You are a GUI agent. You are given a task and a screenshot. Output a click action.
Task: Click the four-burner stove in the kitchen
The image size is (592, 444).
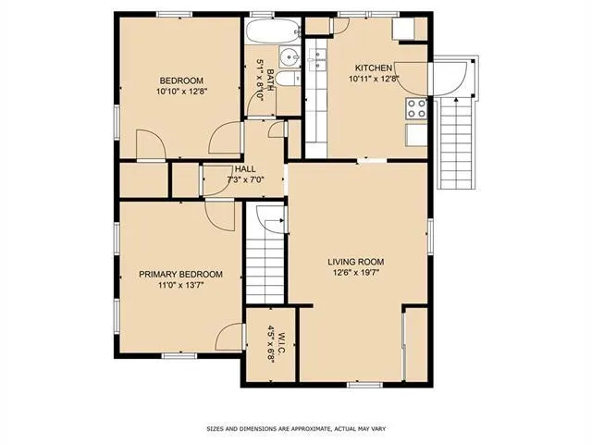415,107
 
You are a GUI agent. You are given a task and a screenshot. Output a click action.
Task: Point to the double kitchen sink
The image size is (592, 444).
318,62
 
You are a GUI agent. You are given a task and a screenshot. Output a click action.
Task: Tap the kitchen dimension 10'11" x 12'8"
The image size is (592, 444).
375,80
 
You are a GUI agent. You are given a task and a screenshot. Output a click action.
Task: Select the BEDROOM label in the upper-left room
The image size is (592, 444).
180,80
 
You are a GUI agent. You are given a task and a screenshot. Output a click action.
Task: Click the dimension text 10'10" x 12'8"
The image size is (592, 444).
180,91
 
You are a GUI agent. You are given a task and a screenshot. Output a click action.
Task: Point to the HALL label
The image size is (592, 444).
245,169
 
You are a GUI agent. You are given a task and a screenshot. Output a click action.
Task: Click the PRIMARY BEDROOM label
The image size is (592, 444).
180,275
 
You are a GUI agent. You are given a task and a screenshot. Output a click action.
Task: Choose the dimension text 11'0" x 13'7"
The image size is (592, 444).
180,287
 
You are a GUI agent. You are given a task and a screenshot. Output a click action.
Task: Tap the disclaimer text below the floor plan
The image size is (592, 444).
295,428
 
